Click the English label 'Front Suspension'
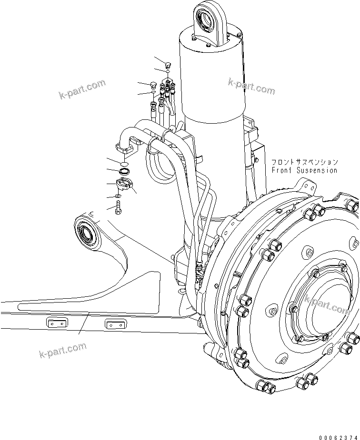304,170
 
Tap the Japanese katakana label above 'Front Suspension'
305,162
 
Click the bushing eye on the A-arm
87,234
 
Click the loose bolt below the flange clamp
118,207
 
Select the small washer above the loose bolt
119,196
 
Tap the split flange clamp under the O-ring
125,183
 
